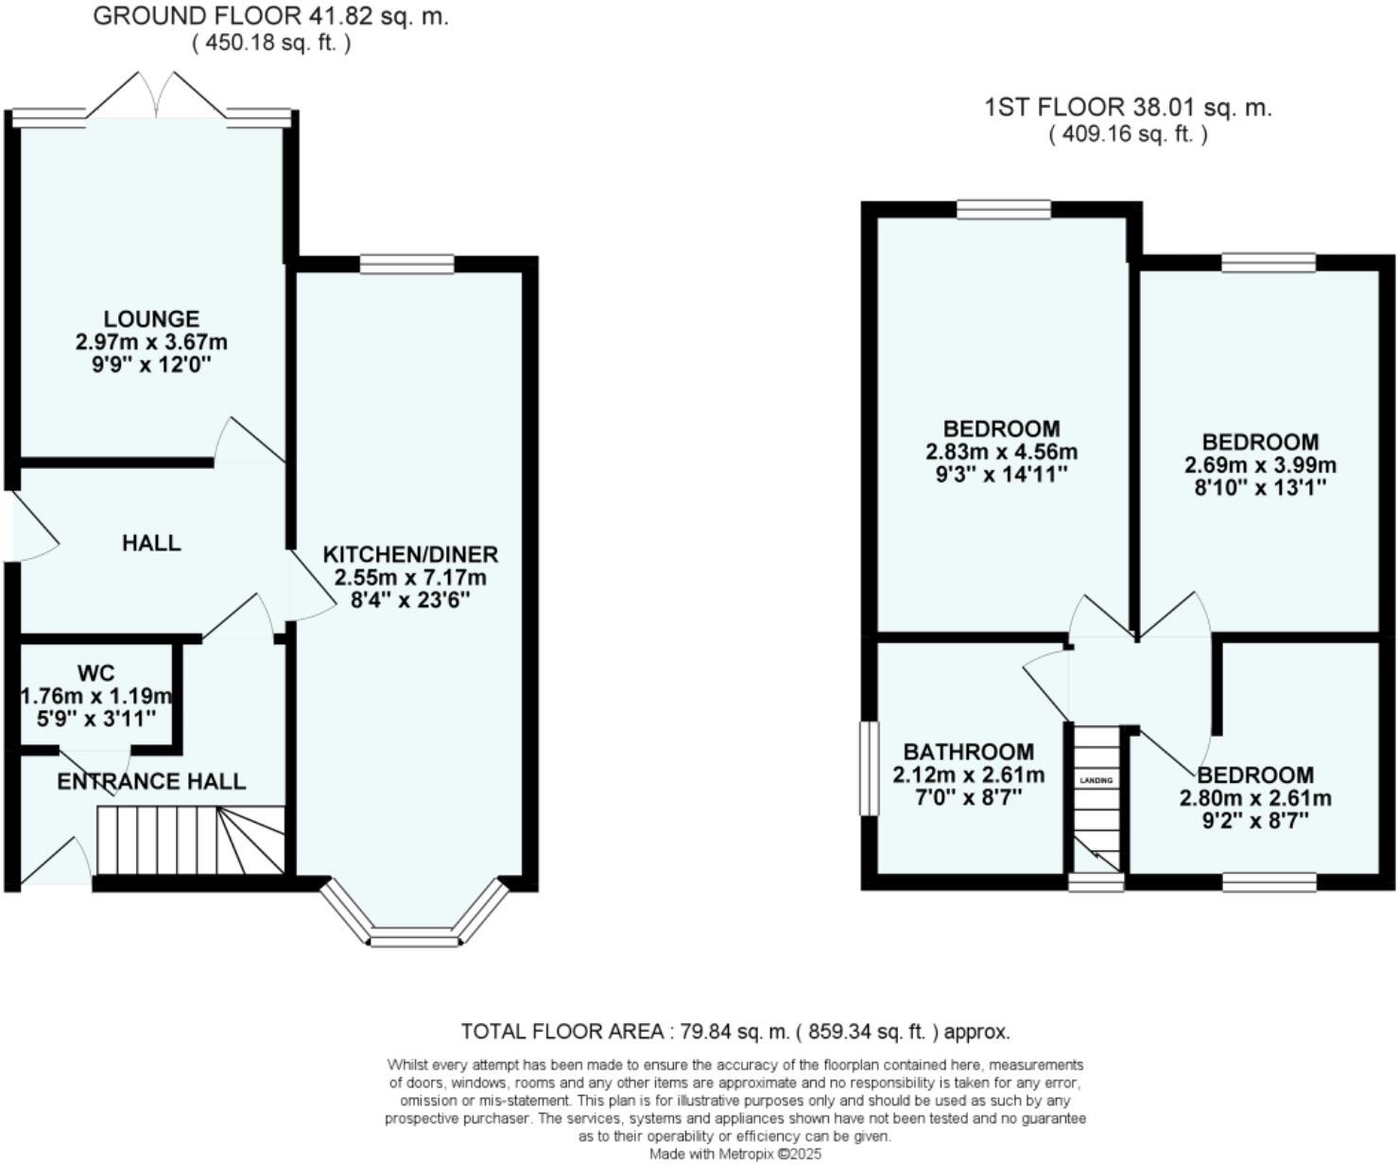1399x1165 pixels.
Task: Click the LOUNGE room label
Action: pyautogui.click(x=151, y=319)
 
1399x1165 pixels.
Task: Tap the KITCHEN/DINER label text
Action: pyautogui.click(x=411, y=554)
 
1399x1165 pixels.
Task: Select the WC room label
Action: pyautogui.click(x=95, y=672)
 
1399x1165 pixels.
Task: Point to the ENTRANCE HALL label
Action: pyautogui.click(x=151, y=781)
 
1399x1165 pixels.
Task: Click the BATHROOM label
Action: pyautogui.click(x=969, y=752)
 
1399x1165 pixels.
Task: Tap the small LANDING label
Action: pyautogui.click(x=1097, y=780)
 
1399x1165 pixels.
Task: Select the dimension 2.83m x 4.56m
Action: pyautogui.click(x=1002, y=452)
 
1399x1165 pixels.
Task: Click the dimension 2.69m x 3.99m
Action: pyautogui.click(x=1260, y=464)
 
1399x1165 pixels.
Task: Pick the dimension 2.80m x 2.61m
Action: pyautogui.click(x=1255, y=798)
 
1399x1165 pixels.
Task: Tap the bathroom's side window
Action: pyautogui.click(x=869, y=768)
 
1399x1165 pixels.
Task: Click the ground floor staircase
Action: pyautogui.click(x=191, y=841)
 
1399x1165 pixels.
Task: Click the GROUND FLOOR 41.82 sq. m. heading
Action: pyautogui.click(x=270, y=16)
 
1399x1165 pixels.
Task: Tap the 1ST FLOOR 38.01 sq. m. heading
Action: pyautogui.click(x=1128, y=107)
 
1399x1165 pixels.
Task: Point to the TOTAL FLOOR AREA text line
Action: pyautogui.click(x=735, y=1031)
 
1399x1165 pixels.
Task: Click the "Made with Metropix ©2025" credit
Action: pyautogui.click(x=735, y=1154)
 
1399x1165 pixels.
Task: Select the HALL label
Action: pyautogui.click(x=151, y=542)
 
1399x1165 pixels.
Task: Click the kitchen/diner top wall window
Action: pyautogui.click(x=406, y=264)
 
